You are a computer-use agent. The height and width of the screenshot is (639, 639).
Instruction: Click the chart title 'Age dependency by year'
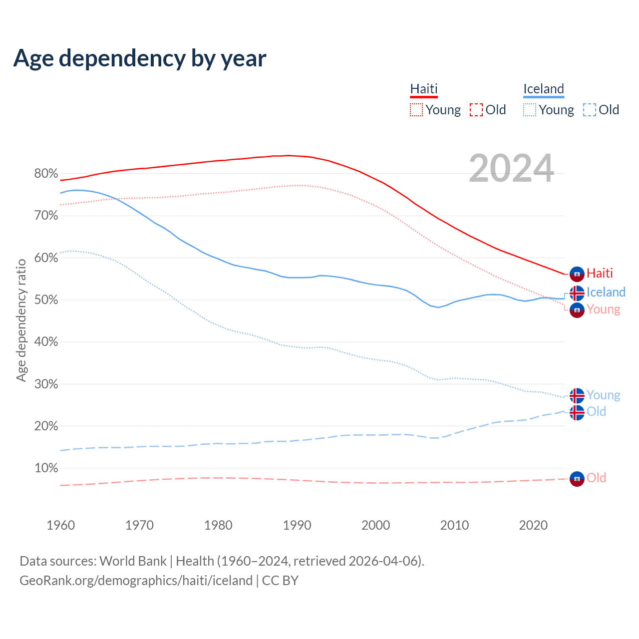(x=140, y=58)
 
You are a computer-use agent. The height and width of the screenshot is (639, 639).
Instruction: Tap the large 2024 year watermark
(x=511, y=168)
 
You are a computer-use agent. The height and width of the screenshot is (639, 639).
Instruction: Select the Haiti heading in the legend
(x=424, y=89)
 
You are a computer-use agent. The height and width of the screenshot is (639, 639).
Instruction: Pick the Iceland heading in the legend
(x=544, y=89)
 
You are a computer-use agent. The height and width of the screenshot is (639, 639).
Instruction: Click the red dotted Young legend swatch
(x=416, y=110)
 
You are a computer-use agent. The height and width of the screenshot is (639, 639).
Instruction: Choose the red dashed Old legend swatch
(x=476, y=110)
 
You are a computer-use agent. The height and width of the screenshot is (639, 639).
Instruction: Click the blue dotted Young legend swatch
(x=530, y=110)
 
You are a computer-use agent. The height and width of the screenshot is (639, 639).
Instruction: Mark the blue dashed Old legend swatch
(x=590, y=110)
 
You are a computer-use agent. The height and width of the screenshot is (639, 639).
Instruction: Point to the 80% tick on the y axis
(x=46, y=174)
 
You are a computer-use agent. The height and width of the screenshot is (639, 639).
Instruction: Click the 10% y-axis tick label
(x=46, y=468)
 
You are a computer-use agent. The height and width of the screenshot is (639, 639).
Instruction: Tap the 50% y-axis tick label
(x=46, y=300)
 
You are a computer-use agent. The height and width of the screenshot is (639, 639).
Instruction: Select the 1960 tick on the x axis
(x=60, y=525)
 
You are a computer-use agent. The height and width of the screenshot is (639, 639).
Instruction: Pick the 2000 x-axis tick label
(x=375, y=525)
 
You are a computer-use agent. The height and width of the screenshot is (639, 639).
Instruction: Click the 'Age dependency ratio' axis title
(x=21, y=320)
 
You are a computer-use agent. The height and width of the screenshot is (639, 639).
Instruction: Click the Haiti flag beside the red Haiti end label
(x=577, y=274)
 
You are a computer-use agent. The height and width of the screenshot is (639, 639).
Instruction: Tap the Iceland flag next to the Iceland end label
(x=577, y=293)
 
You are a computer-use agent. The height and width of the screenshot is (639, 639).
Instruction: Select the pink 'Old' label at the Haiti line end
(x=596, y=478)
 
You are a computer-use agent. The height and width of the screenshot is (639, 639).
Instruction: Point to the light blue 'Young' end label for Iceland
(x=603, y=395)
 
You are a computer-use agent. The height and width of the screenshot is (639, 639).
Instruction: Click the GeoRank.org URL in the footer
(x=136, y=581)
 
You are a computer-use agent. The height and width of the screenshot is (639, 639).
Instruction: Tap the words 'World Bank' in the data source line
(x=133, y=561)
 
